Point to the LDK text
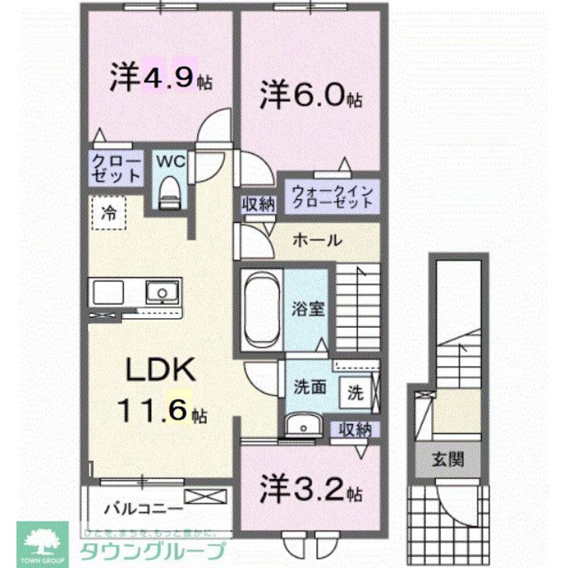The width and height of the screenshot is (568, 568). (161, 371)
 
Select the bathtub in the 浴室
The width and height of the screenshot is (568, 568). (261, 310)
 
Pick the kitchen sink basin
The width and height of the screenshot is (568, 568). (161, 292)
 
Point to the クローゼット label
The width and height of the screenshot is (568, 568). (116, 168)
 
